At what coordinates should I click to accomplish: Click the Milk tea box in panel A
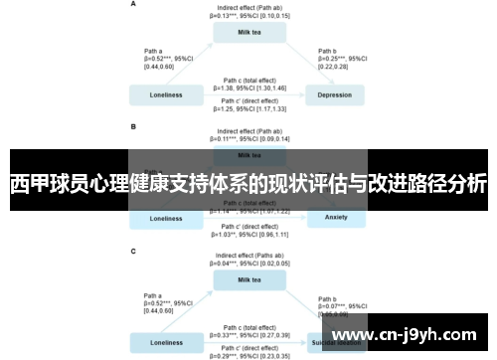[x=250, y=32]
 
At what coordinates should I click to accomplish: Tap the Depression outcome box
[x=335, y=95]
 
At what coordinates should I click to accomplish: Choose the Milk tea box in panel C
[x=250, y=278]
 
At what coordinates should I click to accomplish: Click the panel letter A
[x=134, y=4]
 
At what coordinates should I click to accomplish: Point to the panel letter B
[x=134, y=127]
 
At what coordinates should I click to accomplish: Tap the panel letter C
[x=134, y=251]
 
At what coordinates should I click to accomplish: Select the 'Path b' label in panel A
[x=328, y=50]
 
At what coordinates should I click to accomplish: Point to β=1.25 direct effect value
[x=250, y=108]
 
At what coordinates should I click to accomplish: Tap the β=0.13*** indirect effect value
[x=250, y=16]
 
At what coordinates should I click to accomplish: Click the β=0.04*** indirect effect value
[x=250, y=264]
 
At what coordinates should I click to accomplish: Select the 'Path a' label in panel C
[x=154, y=295]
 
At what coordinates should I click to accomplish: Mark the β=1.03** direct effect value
[x=250, y=234]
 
